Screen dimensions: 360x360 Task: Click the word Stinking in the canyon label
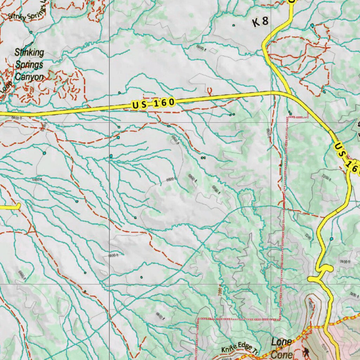(30, 53)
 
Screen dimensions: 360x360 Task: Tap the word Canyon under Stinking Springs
(30, 77)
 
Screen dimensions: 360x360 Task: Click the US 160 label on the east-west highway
(153, 103)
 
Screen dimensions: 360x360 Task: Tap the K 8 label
(261, 22)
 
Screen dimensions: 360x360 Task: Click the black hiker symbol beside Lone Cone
(306, 352)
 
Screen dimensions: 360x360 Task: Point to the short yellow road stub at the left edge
(11, 207)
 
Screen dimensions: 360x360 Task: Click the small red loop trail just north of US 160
(210, 91)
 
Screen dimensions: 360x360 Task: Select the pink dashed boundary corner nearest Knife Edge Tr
(198, 319)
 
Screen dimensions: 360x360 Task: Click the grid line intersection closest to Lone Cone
(271, 284)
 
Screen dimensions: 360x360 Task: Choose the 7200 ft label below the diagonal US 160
(326, 178)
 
